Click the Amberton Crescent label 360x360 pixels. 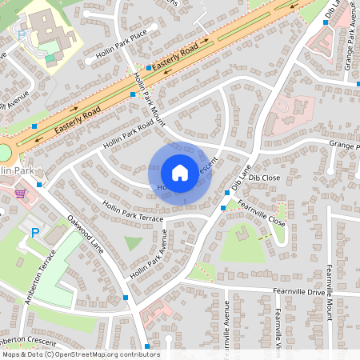32,340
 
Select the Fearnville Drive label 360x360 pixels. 299,292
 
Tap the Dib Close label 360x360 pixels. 264,177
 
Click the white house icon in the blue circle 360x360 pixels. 180,173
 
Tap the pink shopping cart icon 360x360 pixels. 20,193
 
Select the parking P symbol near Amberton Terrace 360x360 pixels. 34,232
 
